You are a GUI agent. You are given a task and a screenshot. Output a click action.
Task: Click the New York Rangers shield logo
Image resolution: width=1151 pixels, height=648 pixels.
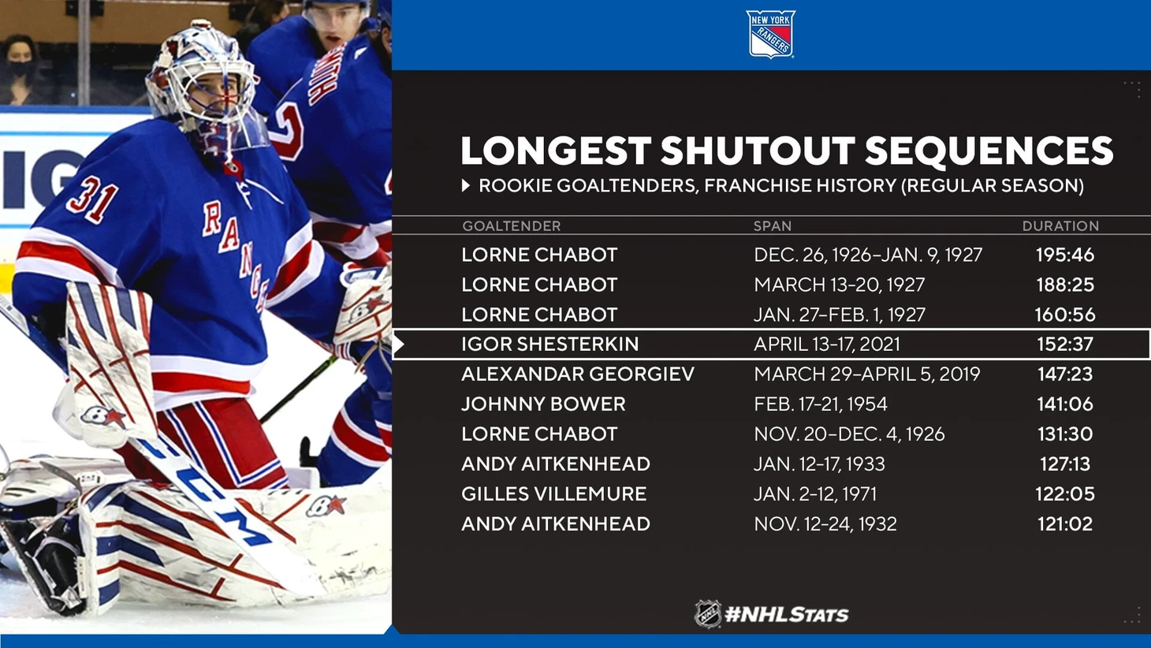pos(770,34)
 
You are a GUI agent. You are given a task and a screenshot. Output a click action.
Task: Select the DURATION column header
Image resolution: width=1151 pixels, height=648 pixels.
pos(1060,226)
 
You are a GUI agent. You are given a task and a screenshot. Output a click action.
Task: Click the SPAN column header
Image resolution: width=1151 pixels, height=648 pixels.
pos(773,226)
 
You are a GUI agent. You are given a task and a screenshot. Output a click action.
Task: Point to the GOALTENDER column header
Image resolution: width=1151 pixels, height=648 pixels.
pos(512,226)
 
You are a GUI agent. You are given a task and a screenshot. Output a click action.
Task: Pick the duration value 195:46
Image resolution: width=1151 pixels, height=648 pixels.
pos(1064,255)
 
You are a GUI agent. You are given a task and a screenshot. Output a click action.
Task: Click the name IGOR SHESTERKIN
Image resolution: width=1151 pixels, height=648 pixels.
pos(549,344)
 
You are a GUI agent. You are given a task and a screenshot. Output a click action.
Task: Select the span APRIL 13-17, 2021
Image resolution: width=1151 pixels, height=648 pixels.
pos(827,344)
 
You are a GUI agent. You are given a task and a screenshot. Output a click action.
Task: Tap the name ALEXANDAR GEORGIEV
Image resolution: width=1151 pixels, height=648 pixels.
pos(578,374)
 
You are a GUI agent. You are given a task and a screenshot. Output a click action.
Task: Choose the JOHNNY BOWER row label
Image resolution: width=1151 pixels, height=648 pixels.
pos(543,404)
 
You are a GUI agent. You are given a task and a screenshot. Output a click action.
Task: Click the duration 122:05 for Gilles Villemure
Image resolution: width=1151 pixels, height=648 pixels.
pos(1064,493)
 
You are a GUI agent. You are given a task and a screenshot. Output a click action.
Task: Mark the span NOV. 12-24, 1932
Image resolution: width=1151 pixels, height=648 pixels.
pos(825,523)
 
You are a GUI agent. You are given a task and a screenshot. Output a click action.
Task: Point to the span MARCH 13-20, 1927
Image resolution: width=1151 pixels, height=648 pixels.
pos(839,285)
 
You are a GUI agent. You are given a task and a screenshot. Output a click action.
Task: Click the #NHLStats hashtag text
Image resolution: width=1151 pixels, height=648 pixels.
pos(786,615)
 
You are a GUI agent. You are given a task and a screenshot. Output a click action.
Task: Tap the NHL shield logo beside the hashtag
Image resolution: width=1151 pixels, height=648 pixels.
pos(708,613)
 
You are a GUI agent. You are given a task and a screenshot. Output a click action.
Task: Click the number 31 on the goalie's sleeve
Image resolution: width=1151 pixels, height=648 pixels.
pos(91,199)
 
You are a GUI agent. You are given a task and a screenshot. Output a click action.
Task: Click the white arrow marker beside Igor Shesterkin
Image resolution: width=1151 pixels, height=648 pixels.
pos(399,344)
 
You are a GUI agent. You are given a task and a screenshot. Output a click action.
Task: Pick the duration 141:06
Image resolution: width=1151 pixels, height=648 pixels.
pos(1064,404)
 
